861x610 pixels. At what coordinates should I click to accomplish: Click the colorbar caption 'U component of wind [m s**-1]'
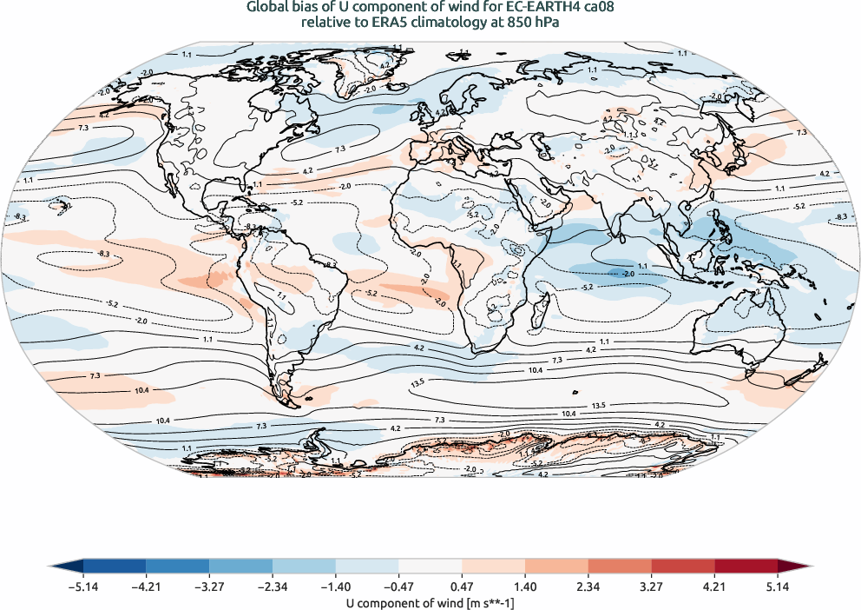click(430, 600)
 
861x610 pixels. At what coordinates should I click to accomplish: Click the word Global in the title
click(266, 8)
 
